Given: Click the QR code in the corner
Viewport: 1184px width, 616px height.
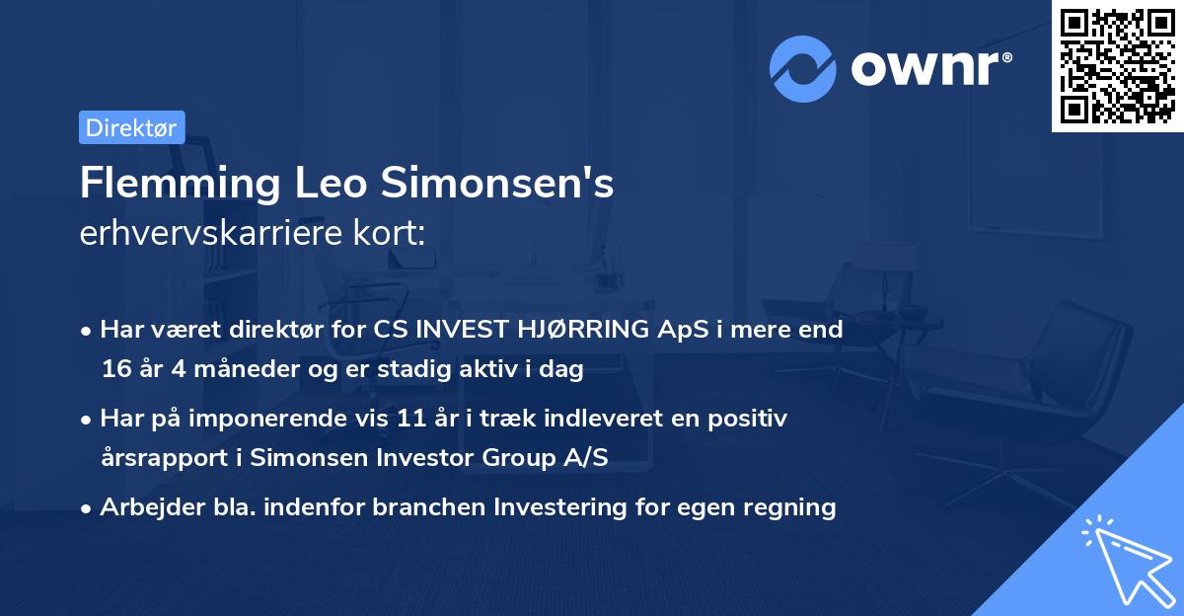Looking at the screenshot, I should click(x=1118, y=66).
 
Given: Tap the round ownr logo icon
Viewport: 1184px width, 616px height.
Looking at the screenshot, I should click(x=803, y=68).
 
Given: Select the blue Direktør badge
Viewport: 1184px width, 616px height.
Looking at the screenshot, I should click(x=131, y=127).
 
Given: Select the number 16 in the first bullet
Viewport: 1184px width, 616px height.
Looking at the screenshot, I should click(x=113, y=370).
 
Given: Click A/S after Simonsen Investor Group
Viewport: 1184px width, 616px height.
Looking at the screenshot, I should click(x=587, y=458).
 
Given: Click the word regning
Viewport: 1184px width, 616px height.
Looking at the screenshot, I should click(x=789, y=507).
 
